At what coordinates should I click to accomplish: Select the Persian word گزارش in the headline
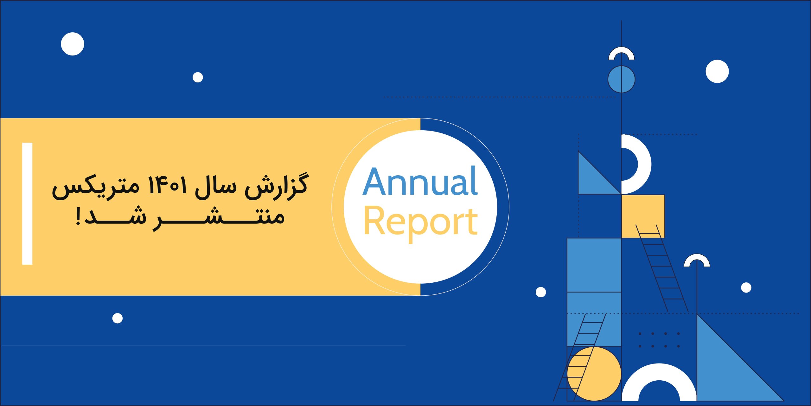point(276,187)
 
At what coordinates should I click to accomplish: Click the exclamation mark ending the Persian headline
point(78,216)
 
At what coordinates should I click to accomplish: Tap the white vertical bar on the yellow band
point(27,203)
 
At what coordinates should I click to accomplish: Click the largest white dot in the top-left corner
point(73,44)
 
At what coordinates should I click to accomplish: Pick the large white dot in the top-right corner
point(717,71)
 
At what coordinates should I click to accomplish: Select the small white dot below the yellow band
point(118,318)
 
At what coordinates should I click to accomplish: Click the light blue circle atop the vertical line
point(621,79)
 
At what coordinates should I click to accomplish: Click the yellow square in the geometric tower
point(643,216)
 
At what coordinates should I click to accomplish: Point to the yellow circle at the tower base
point(594,374)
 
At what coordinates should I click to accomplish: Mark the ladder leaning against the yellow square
point(662,268)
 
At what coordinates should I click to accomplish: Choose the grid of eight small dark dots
point(659,340)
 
